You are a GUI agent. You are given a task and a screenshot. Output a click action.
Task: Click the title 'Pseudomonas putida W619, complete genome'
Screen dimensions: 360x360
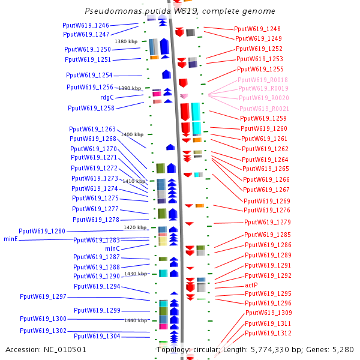(x=180, y=11)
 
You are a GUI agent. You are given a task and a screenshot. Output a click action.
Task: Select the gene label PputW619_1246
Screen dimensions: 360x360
(x=86, y=26)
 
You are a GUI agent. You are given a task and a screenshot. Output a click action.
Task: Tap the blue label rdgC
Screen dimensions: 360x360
(x=107, y=97)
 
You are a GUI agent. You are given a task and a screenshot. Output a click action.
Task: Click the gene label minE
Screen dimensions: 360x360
(x=11, y=239)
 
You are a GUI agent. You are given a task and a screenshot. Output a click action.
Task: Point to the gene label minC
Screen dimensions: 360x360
(x=112, y=248)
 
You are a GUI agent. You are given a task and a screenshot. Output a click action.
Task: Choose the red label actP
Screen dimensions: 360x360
(x=251, y=285)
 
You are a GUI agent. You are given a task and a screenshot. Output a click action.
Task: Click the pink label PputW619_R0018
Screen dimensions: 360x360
(x=262, y=80)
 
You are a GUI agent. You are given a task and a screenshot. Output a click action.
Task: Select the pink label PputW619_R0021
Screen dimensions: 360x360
(x=264, y=109)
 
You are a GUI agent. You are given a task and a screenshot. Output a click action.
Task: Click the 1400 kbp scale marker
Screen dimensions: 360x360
(x=132, y=135)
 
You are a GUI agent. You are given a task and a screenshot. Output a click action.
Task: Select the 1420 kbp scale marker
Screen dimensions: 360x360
(x=135, y=228)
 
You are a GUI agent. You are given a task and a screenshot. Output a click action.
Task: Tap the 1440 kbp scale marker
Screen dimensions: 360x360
(x=136, y=320)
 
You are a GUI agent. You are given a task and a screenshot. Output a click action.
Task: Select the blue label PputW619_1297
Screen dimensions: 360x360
(x=43, y=297)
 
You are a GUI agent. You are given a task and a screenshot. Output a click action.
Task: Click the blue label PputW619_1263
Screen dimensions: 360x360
(x=92, y=129)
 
